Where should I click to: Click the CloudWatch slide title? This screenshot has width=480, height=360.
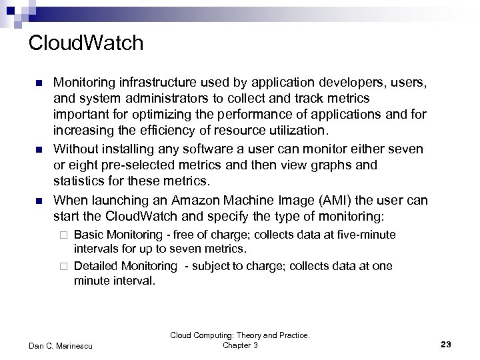coord(86,43)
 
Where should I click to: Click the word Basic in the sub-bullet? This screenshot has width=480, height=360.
coord(87,235)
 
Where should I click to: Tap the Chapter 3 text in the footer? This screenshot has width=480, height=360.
coord(240,345)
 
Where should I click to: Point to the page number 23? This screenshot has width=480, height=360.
coord(446,344)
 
